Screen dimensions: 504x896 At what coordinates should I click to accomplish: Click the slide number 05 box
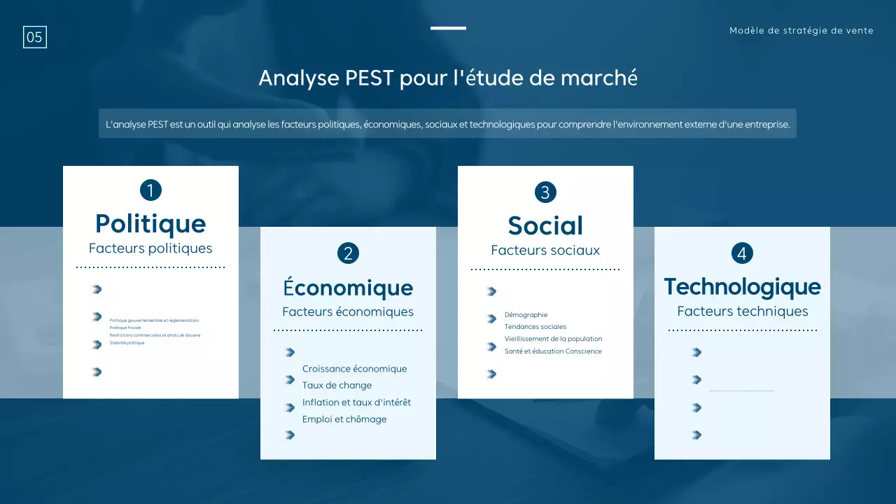[x=34, y=37]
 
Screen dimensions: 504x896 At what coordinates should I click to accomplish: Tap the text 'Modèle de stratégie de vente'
[x=801, y=31]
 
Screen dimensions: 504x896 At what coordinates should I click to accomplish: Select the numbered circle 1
[x=150, y=190]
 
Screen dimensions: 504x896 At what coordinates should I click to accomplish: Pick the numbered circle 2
[x=348, y=253]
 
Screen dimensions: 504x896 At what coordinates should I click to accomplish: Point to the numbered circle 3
[x=545, y=192]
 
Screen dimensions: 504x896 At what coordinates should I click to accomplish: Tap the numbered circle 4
[x=742, y=253]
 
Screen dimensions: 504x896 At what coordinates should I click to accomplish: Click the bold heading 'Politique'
[x=150, y=224]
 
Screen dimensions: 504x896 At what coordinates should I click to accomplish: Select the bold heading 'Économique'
[x=348, y=288]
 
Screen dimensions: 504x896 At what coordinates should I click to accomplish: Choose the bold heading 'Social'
[x=545, y=225]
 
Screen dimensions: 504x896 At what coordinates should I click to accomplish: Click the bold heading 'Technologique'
[x=742, y=287]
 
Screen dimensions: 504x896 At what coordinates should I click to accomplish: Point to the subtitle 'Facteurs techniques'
[x=742, y=311]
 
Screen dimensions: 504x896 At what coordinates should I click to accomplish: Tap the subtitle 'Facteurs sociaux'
[x=545, y=251]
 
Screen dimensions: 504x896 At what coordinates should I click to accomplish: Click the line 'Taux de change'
[x=337, y=386]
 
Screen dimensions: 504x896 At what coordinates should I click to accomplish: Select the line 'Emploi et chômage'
[x=344, y=419]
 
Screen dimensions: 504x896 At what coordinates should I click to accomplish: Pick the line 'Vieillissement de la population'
[x=553, y=339]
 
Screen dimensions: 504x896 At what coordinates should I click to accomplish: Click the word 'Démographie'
[x=526, y=315]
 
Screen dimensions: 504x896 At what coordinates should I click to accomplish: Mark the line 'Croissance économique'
[x=354, y=369]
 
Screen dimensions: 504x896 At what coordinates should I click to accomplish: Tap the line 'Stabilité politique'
[x=127, y=343]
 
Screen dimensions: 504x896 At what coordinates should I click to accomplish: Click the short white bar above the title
[x=448, y=28]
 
